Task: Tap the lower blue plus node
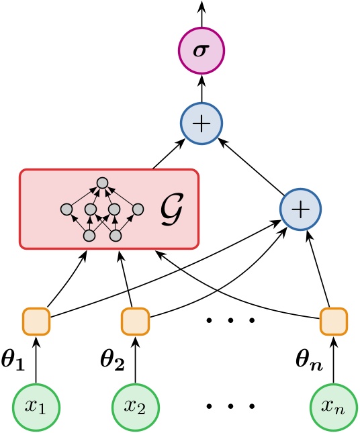tap(300, 209)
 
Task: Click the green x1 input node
tap(37, 407)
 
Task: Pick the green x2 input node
tap(135, 407)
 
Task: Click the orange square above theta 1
tap(37, 321)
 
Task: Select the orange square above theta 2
tap(135, 321)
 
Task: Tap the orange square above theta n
tap(333, 321)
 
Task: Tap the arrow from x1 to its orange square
tap(37, 359)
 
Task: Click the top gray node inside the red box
tap(102, 183)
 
